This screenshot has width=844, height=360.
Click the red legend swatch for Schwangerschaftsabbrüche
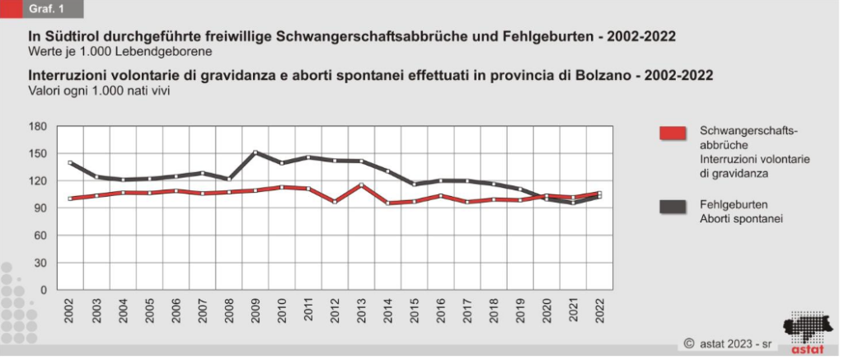point(673,133)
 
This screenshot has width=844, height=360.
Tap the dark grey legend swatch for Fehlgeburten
point(673,208)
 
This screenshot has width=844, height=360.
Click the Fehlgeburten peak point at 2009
point(255,152)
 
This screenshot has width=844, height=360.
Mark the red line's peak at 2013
point(360,185)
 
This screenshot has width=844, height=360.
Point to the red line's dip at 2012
point(334,202)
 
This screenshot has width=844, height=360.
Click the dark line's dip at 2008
point(228,179)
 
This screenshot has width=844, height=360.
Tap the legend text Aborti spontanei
point(740,219)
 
